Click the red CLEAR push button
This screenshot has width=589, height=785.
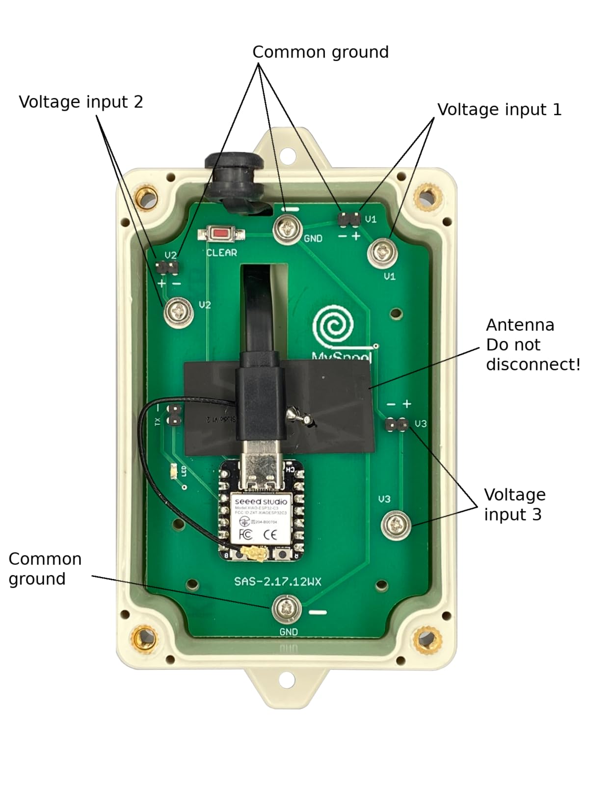tap(221, 234)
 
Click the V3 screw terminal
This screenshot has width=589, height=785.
tap(396, 524)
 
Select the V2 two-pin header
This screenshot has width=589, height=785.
tap(167, 268)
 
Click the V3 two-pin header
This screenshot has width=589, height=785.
tap(397, 424)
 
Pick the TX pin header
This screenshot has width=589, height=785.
tap(173, 415)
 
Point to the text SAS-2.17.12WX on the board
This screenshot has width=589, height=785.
tap(277, 581)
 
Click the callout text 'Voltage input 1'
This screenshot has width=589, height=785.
tap(499, 109)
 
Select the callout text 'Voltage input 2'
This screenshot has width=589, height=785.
tap(81, 102)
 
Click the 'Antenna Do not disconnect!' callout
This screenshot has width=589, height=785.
tap(533, 344)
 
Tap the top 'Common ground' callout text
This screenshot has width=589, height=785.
tap(320, 52)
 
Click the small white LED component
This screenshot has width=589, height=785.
tap(173, 472)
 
